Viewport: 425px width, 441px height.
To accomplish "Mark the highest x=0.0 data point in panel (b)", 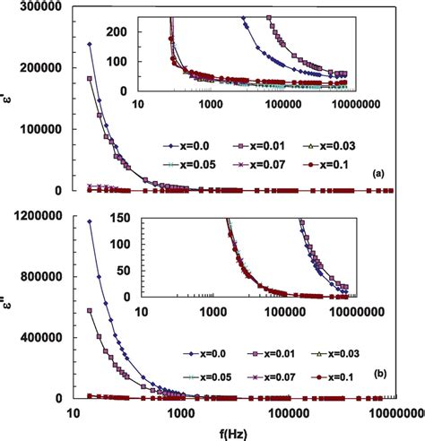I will click(90, 220).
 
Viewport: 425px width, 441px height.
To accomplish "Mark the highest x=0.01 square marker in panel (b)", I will click(90, 310).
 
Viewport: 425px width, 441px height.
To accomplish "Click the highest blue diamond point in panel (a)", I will click(90, 44).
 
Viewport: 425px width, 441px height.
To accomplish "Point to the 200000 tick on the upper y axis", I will click(47, 68).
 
